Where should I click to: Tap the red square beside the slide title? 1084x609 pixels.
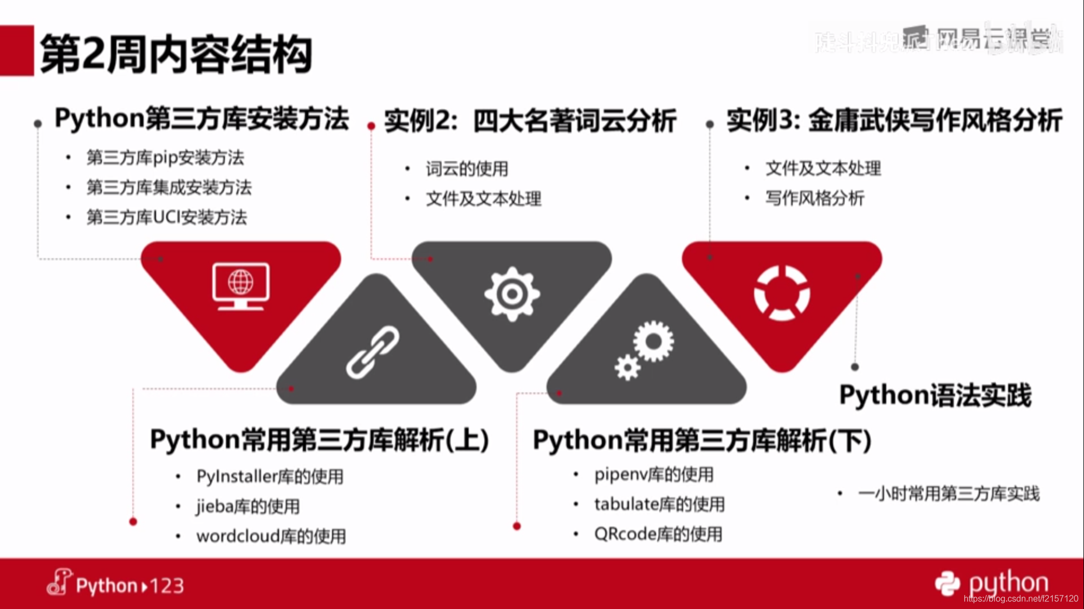(x=17, y=50)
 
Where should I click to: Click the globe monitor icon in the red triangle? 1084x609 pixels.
(x=241, y=286)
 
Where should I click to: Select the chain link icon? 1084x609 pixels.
(x=373, y=352)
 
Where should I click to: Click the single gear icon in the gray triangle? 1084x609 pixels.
(x=512, y=294)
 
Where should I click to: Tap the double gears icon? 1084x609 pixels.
(x=645, y=349)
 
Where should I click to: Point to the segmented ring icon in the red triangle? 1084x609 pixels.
(x=782, y=293)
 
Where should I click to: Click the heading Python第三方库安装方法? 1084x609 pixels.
(x=202, y=119)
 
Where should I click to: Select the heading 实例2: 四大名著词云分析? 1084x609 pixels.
(x=530, y=121)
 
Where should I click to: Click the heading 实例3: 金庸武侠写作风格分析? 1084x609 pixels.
(x=894, y=120)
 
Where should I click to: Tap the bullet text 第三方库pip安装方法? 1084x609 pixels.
(x=165, y=158)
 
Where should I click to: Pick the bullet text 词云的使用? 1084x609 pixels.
(x=467, y=169)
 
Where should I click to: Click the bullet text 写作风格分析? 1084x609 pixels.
(x=815, y=199)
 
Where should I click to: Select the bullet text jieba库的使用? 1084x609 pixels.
(x=248, y=507)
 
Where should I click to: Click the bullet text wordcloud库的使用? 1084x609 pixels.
(x=271, y=536)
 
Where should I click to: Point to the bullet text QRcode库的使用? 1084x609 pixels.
(x=658, y=534)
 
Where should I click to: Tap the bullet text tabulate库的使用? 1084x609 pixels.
(x=659, y=505)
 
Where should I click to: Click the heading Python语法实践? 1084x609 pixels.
(x=935, y=395)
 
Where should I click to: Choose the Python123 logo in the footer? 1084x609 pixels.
(x=116, y=584)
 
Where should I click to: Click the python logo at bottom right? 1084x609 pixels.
(x=991, y=583)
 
